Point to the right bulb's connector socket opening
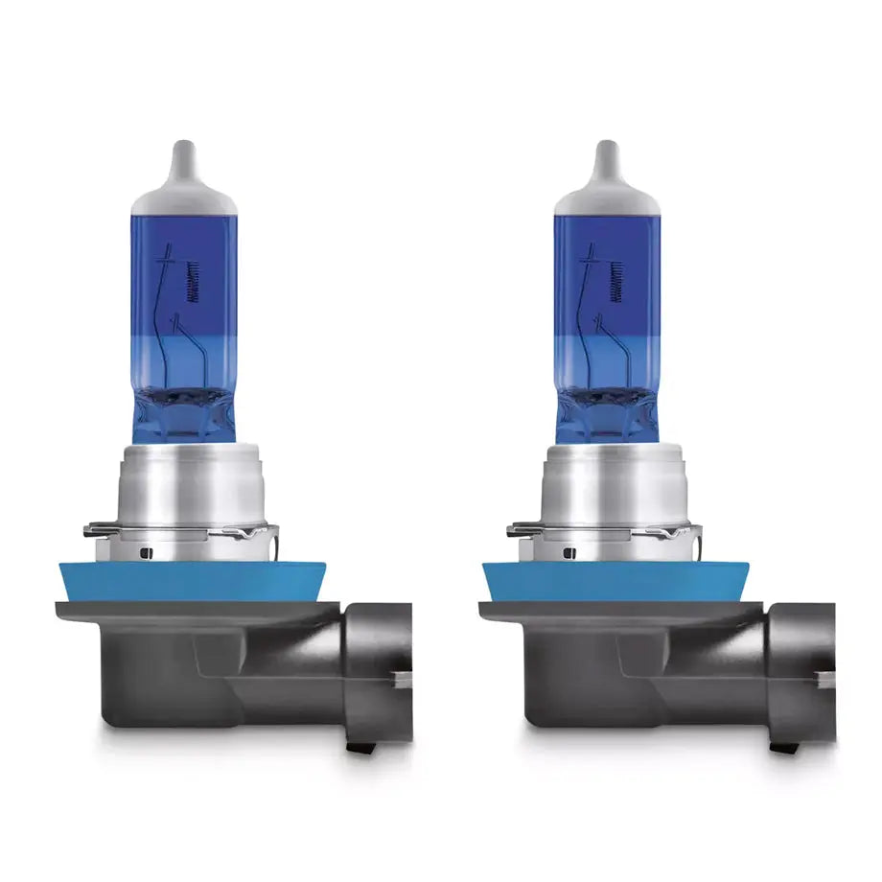coord(805,671)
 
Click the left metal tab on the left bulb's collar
coord(96,528)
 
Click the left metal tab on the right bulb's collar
coord(520,528)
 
